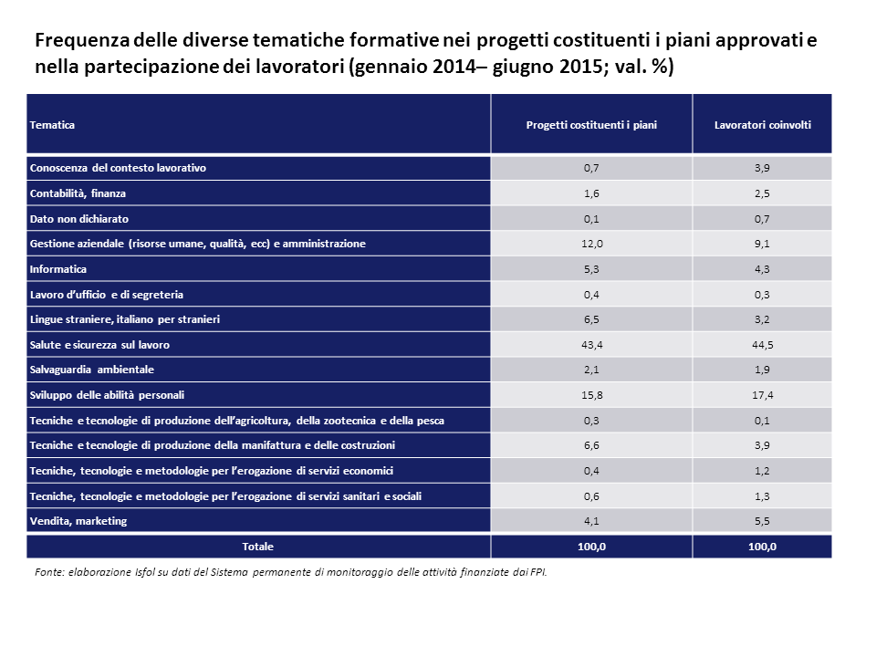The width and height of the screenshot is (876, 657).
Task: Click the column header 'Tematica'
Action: [52, 124]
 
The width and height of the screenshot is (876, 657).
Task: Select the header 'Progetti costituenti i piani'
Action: [591, 124]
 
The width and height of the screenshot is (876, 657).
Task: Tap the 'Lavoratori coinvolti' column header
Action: [762, 124]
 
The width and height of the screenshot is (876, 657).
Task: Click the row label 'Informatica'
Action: [58, 269]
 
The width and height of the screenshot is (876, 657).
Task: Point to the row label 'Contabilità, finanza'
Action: [78, 193]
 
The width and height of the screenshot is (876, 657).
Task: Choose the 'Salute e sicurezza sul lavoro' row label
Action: [99, 345]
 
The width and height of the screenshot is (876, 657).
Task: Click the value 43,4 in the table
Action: [591, 345]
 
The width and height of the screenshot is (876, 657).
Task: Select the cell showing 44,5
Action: [762, 345]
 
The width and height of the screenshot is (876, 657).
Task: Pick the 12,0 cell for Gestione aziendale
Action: [591, 244]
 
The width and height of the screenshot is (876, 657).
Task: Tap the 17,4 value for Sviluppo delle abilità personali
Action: [762, 395]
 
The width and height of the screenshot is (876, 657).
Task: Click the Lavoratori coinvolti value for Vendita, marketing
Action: [762, 521]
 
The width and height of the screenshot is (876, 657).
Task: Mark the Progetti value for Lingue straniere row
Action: [591, 319]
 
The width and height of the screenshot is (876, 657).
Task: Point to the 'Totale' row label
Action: [257, 547]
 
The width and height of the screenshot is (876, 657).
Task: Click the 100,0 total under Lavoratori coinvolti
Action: [762, 547]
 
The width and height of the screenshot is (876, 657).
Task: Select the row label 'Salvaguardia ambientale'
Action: [91, 370]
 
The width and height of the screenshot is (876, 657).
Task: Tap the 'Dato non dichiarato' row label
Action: [78, 219]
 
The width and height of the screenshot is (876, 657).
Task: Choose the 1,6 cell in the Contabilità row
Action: [591, 193]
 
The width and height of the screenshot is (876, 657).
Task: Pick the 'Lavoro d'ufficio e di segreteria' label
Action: [107, 295]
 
